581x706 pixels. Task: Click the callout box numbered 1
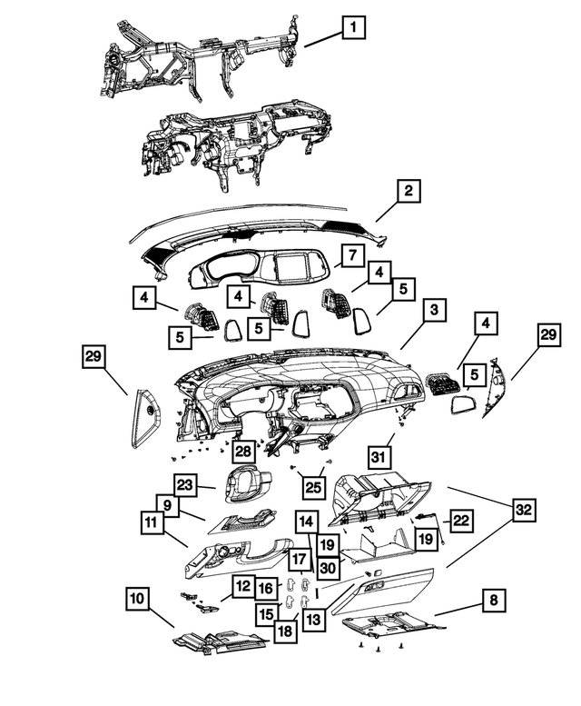click(353, 27)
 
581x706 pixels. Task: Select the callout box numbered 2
click(409, 191)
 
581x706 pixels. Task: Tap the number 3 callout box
click(434, 310)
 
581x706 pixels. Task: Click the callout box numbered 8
click(494, 601)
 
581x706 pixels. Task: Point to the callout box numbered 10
click(138, 599)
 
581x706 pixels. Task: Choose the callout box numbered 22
click(460, 521)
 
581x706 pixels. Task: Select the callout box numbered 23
click(185, 485)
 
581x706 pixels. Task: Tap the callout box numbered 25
click(313, 487)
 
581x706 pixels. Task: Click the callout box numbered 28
click(243, 452)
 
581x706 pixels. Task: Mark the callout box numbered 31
click(379, 457)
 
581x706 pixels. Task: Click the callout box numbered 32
click(524, 510)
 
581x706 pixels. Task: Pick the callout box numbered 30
click(329, 568)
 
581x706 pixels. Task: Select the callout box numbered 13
click(313, 620)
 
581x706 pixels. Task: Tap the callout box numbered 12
click(243, 586)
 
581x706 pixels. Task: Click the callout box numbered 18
click(286, 631)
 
